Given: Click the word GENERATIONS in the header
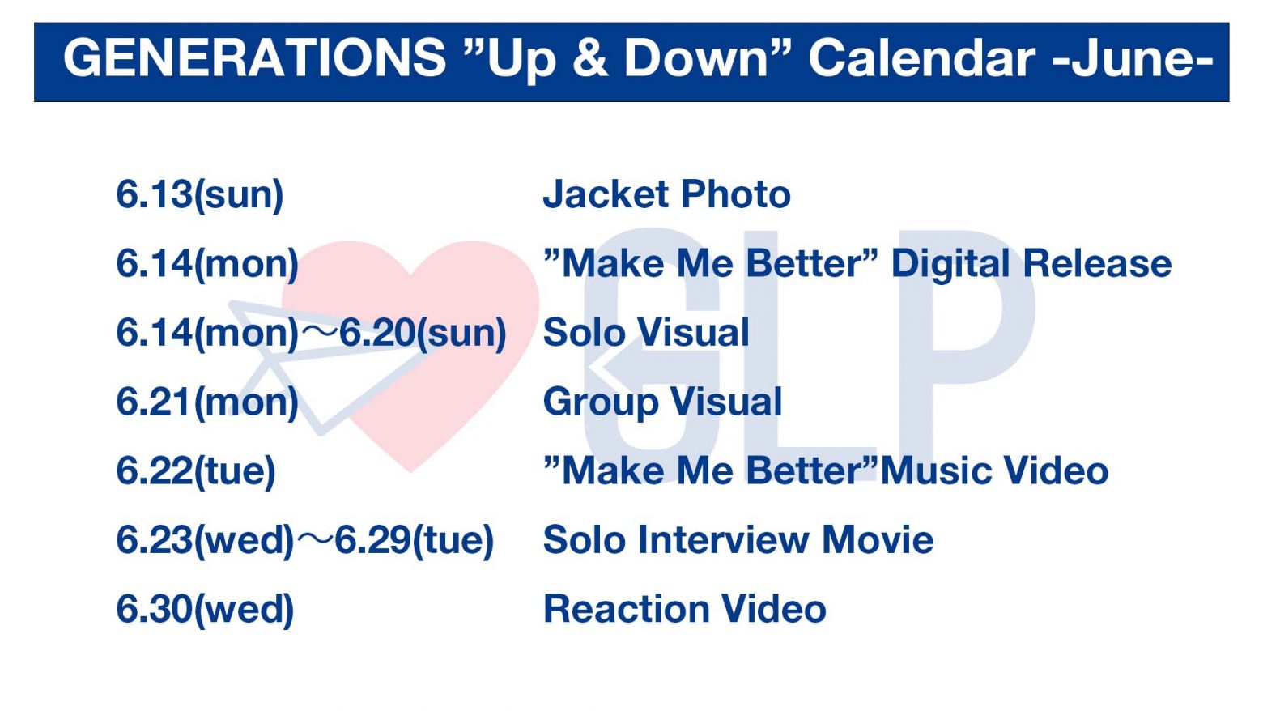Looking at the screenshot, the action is [255, 58].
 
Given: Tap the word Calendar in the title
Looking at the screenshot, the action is [922, 58].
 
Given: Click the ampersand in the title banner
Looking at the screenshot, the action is [590, 58].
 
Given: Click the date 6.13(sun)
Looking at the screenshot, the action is [200, 195].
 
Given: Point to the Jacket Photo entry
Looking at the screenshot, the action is [666, 194].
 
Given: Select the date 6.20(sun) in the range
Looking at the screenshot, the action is [423, 333].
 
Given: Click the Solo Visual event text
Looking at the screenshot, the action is [646, 333].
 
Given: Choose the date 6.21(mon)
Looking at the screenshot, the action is [207, 402].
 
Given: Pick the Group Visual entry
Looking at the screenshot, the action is [662, 402].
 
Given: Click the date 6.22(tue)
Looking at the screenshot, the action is [196, 471].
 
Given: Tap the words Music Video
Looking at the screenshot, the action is [994, 471].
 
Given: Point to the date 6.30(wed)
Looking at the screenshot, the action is [206, 610].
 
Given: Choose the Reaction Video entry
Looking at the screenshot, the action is [684, 610].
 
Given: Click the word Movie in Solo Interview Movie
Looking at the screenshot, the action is [878, 540].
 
